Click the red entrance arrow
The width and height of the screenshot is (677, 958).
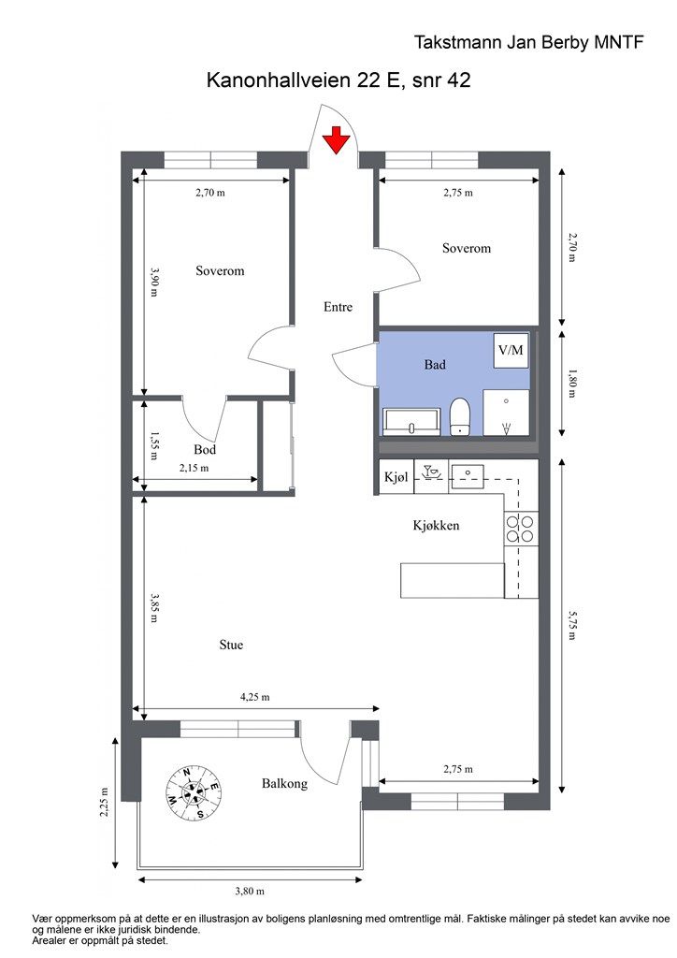click(337, 140)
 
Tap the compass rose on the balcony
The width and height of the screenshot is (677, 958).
click(194, 792)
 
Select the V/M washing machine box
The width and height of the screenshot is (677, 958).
click(511, 350)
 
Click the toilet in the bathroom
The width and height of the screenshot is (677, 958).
click(460, 416)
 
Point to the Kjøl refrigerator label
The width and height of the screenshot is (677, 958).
click(396, 476)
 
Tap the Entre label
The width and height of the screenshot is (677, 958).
click(338, 307)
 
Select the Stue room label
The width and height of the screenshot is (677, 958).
click(231, 645)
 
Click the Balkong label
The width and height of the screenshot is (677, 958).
click(284, 783)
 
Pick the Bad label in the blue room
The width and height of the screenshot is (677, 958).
click(435, 365)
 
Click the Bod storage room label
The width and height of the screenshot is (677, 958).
click(205, 450)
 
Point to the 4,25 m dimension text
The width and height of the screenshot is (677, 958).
click(255, 696)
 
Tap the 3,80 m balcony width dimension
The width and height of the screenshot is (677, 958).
click(250, 891)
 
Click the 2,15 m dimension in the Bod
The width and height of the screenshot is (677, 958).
click(194, 468)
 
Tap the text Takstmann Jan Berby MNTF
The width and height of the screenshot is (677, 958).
click(528, 42)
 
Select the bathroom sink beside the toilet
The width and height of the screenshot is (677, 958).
click(411, 422)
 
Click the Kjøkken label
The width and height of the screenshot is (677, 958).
click(436, 526)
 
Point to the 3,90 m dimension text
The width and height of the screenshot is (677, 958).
click(154, 282)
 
